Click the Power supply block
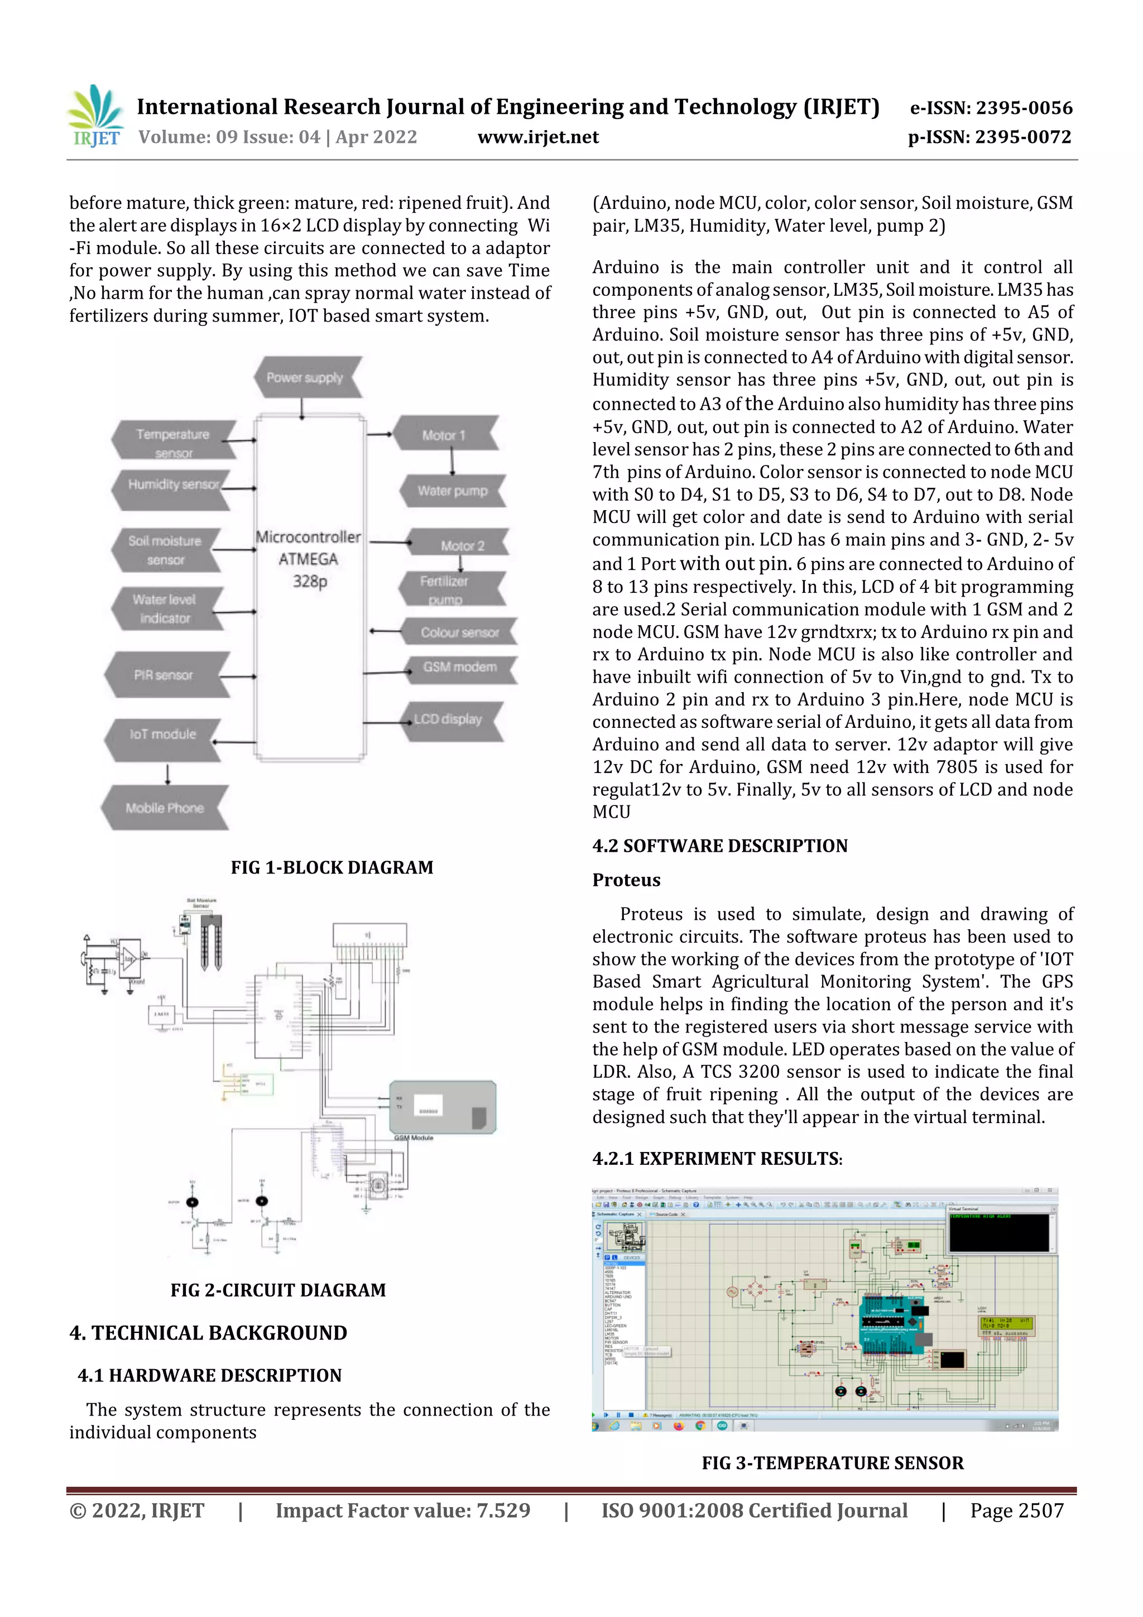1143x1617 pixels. [306, 377]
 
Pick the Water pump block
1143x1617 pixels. [453, 491]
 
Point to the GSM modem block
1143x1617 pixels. [460, 668]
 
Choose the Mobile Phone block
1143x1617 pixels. [165, 808]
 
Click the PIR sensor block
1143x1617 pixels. [164, 675]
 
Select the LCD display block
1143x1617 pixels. [449, 720]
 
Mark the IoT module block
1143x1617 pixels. [162, 735]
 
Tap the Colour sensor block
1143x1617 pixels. [460, 632]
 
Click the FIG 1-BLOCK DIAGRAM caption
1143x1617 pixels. [332, 867]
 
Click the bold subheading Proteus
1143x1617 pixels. [626, 880]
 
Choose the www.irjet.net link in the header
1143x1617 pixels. [538, 137]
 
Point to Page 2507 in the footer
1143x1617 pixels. [1016, 1510]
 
